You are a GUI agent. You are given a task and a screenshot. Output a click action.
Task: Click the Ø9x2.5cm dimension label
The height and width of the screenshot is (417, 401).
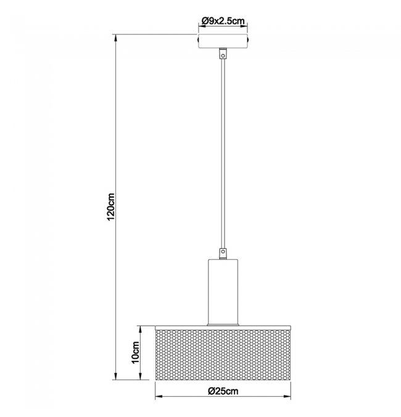(x=223, y=20)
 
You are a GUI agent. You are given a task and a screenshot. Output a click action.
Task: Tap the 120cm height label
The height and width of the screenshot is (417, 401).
(x=110, y=206)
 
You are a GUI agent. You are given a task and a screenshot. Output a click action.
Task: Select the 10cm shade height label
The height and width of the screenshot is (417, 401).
(x=135, y=352)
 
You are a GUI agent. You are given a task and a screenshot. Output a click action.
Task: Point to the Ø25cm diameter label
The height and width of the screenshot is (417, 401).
(x=223, y=391)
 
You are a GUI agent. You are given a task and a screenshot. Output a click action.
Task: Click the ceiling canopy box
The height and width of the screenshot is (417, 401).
(x=223, y=41)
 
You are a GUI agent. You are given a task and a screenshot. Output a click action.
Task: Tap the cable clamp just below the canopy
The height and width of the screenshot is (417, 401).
(x=223, y=53)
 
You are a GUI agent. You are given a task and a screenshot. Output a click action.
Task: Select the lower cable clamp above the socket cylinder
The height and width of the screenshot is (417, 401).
(x=223, y=253)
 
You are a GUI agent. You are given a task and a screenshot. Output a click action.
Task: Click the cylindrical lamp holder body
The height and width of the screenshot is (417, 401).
(x=223, y=291)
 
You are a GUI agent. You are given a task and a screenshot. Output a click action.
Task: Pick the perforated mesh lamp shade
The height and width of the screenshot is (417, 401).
(x=223, y=355)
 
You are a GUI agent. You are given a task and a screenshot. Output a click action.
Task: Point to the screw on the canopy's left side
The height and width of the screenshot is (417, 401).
(x=198, y=39)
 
